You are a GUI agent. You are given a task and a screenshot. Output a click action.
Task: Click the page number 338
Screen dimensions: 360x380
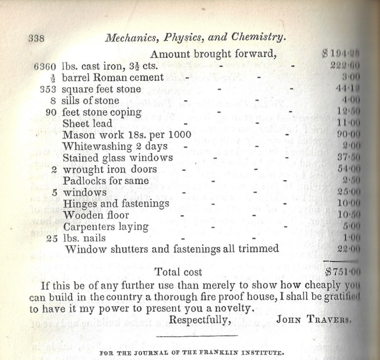coord(37,38)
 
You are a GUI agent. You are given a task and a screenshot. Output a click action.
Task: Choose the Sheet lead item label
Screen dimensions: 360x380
coord(87,124)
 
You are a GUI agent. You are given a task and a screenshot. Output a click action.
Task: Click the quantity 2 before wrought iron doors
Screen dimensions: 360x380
coord(54,169)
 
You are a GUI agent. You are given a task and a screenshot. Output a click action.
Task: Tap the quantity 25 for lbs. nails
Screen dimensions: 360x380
coord(52,238)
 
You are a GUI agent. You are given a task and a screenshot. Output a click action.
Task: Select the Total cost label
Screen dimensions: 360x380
coord(178,272)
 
